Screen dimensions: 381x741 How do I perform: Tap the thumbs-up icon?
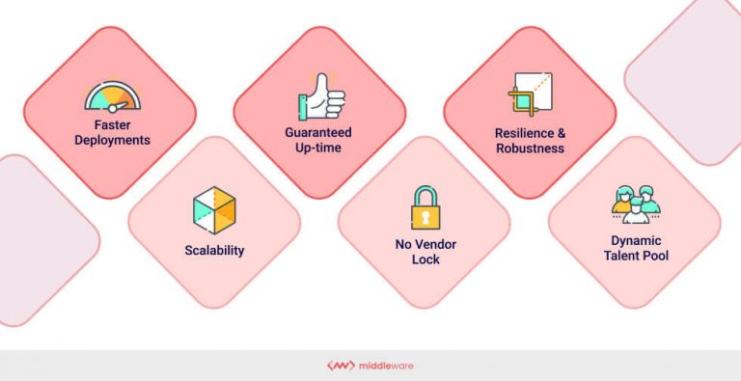[x=319, y=97]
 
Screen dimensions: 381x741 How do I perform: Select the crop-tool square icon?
[x=529, y=95]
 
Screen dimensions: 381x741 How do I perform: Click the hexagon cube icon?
[x=214, y=209]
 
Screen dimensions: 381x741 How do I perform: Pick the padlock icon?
[x=425, y=206]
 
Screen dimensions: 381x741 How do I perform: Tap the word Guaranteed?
[x=318, y=131]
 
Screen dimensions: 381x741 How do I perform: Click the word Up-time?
[x=318, y=147]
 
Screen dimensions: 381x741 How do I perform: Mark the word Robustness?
[x=530, y=149]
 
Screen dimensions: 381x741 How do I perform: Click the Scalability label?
[x=214, y=251]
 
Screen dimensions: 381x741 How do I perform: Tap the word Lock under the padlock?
[x=425, y=259]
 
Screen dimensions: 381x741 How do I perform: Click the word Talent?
[x=620, y=255]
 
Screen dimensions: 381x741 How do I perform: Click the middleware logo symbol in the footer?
[x=341, y=366]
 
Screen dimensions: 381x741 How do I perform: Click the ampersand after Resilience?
[x=559, y=133]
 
